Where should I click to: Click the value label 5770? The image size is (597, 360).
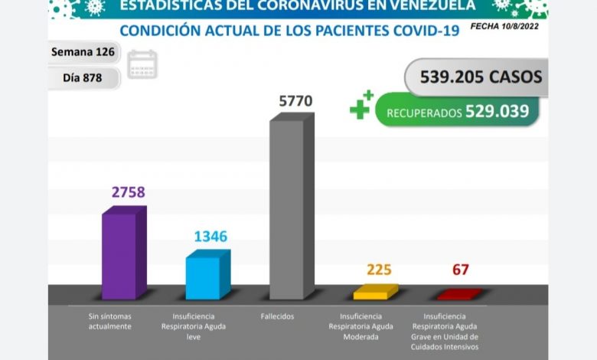click(295, 100)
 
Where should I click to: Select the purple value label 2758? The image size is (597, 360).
click(128, 192)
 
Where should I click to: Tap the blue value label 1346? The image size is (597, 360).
click(210, 236)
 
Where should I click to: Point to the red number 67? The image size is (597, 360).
click(460, 270)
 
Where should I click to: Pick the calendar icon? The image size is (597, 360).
click(142, 64)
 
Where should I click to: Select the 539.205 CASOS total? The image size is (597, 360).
click(481, 77)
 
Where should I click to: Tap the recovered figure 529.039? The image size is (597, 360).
click(497, 111)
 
